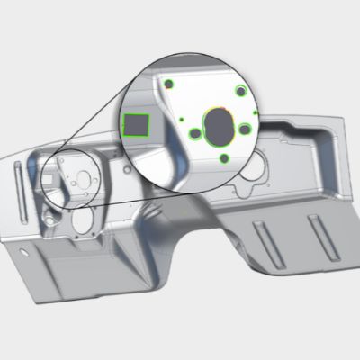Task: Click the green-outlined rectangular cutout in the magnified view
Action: [x=136, y=124]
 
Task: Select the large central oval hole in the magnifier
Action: [x=217, y=125]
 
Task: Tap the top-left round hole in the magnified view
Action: [x=168, y=85]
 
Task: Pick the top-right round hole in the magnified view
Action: [x=240, y=91]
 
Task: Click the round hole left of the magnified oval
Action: [x=194, y=134]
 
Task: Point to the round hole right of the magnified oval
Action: [x=244, y=129]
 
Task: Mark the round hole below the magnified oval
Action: [x=224, y=158]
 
